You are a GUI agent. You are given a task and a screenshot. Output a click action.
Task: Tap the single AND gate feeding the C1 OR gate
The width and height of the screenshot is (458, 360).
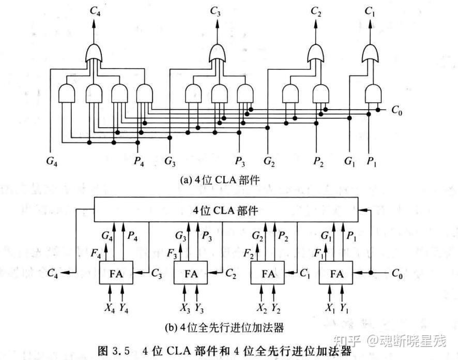(373, 94)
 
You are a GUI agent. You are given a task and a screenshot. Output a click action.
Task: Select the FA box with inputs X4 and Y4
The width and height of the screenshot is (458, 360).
(116, 273)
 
